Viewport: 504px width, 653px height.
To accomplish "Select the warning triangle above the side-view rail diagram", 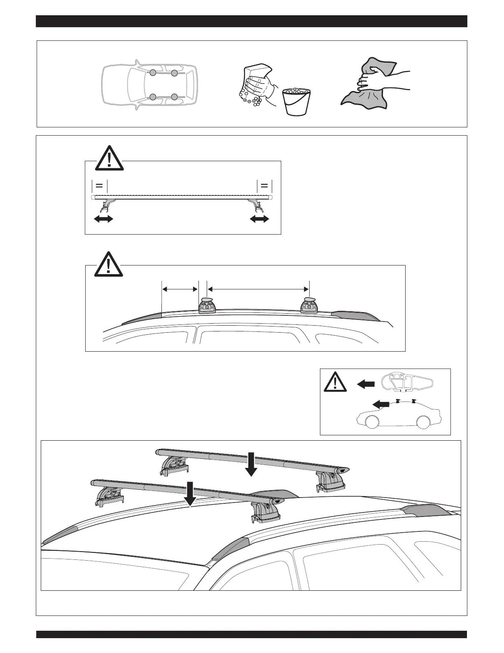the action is point(109,264).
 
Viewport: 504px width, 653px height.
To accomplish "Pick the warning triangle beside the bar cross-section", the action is point(335,382).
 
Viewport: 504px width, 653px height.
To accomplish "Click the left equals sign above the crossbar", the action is point(99,185).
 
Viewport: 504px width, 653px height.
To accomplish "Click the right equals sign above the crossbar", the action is point(264,185).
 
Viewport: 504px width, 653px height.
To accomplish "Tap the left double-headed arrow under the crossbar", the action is point(103,219).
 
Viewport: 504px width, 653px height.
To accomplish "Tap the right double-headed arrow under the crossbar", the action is point(259,219).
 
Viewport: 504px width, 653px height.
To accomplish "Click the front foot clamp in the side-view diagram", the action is point(207,305).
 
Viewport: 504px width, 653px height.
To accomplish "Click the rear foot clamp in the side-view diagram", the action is point(309,305).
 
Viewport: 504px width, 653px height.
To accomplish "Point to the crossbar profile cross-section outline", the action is point(407,382).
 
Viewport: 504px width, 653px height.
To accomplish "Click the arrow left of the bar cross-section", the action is point(366,384).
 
